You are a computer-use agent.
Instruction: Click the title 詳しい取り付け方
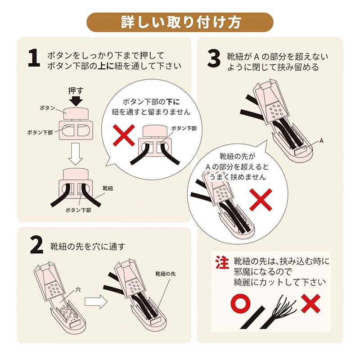click(x=180, y=22)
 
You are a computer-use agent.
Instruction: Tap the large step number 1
click(x=34, y=58)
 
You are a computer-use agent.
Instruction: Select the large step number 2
click(x=37, y=245)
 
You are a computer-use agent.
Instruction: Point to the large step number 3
click(x=214, y=59)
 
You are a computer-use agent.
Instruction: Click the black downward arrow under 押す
click(x=76, y=100)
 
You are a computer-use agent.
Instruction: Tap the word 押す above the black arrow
click(x=76, y=91)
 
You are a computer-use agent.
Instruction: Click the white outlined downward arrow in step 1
click(x=76, y=154)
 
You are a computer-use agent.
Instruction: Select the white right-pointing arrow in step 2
click(x=96, y=301)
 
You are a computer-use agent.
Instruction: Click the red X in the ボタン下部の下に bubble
click(x=124, y=135)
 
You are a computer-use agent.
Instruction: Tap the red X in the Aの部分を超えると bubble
click(x=261, y=200)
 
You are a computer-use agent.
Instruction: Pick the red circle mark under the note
click(x=240, y=303)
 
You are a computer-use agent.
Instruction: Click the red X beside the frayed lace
click(x=310, y=303)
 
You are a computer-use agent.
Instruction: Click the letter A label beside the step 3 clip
click(x=321, y=141)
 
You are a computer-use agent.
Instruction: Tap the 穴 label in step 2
click(x=78, y=290)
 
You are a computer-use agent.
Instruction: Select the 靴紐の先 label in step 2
click(x=166, y=274)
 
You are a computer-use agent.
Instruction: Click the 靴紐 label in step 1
click(x=108, y=189)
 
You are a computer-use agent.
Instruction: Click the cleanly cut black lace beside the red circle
click(x=252, y=318)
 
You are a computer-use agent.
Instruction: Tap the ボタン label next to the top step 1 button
click(x=48, y=108)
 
